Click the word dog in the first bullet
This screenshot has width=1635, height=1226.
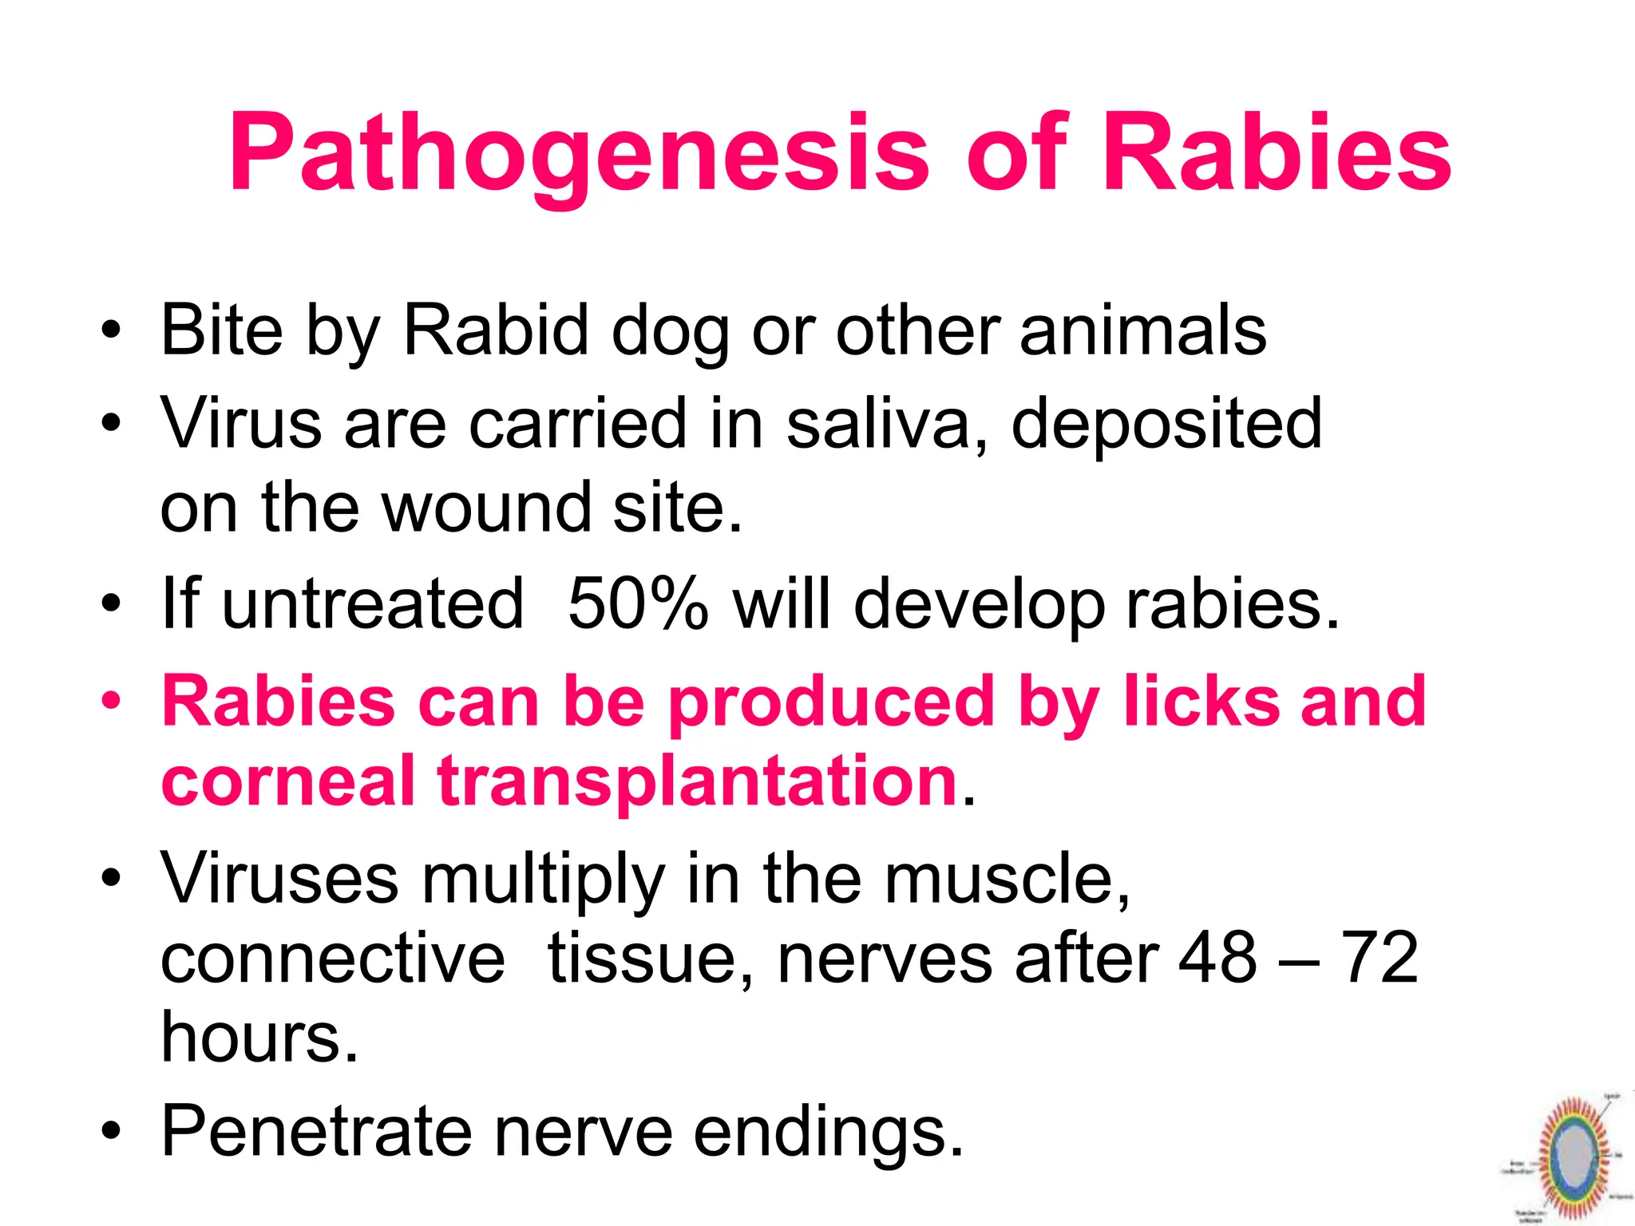click(x=669, y=331)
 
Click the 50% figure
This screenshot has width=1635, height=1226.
click(x=637, y=603)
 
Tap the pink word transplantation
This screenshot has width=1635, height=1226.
click(x=697, y=782)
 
